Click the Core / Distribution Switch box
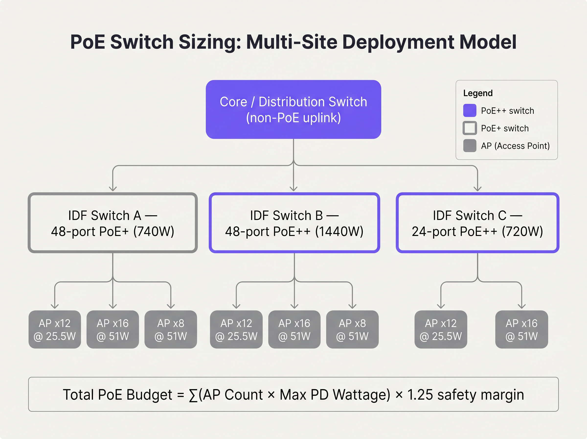(293, 110)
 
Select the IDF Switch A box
(113, 223)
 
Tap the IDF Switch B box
(294, 223)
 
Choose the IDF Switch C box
(477, 223)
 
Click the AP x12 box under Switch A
(55, 329)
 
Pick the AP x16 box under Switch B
(294, 329)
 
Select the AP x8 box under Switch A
(170, 329)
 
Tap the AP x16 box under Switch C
(521, 329)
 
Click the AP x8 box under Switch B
(352, 329)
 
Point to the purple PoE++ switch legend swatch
(470, 110)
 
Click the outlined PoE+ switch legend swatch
(470, 128)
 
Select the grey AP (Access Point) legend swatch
(470, 146)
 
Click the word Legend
(478, 93)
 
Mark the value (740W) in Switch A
(154, 232)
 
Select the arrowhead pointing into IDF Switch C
(477, 189)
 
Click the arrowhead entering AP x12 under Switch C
(441, 306)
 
